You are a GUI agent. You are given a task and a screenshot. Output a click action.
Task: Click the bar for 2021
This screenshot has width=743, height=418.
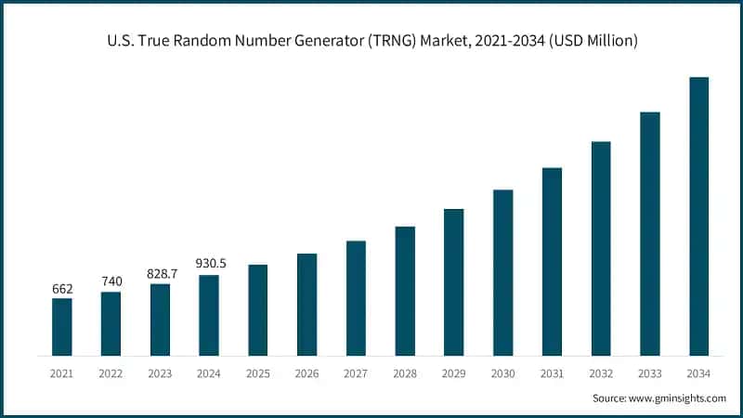pyautogui.click(x=62, y=327)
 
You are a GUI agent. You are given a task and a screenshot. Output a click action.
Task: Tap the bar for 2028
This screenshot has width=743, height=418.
pyautogui.click(x=405, y=291)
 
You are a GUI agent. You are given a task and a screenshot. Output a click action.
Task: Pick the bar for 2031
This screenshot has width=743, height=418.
pyautogui.click(x=552, y=262)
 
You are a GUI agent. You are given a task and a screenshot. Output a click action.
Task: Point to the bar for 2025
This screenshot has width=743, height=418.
pyautogui.click(x=258, y=310)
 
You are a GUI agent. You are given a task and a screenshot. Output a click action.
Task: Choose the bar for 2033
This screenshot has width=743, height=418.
pyautogui.click(x=650, y=234)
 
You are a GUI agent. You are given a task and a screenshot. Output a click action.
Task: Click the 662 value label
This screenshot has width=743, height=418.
pyautogui.click(x=62, y=289)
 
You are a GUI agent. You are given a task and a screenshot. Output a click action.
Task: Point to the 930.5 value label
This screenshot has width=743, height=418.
pyautogui.click(x=209, y=265)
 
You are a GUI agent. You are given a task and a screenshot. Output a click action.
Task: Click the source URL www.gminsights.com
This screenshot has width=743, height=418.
pyautogui.click(x=677, y=398)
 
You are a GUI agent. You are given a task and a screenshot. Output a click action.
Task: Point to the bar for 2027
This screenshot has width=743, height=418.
pyautogui.click(x=357, y=298)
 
